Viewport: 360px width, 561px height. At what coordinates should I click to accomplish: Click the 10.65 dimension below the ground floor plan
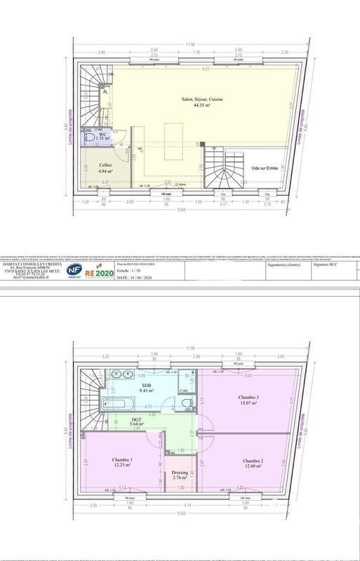click(x=182, y=209)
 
